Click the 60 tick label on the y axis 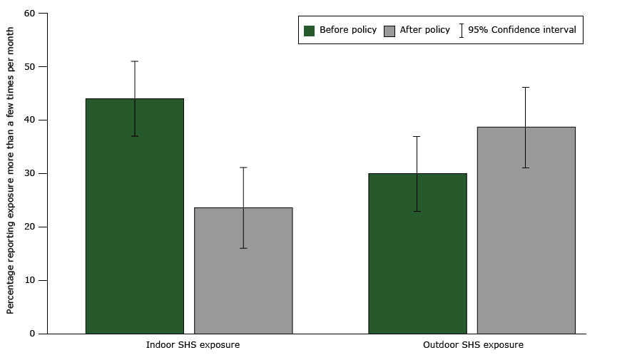[29, 14]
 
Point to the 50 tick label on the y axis [29, 67]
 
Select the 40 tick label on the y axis [29, 120]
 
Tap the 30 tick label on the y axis [29, 174]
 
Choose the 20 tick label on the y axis [29, 227]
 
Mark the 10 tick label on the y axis [29, 280]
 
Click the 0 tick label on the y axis [32, 334]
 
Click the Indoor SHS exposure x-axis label [193, 345]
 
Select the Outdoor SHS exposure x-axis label [473, 345]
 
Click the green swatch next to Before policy [309, 31]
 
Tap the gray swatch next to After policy [389, 31]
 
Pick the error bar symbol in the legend [462, 31]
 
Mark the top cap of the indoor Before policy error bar [134, 61]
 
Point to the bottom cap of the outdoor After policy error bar [526, 168]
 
